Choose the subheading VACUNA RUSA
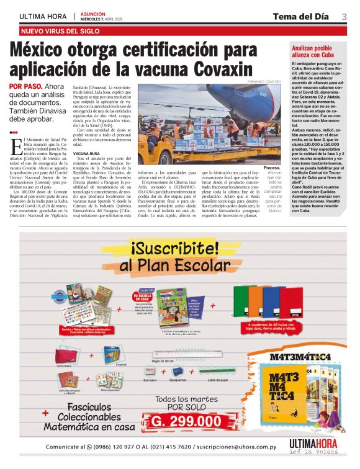86,153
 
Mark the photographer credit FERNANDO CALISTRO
265,82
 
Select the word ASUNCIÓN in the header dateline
94,13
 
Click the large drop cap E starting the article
15,146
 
